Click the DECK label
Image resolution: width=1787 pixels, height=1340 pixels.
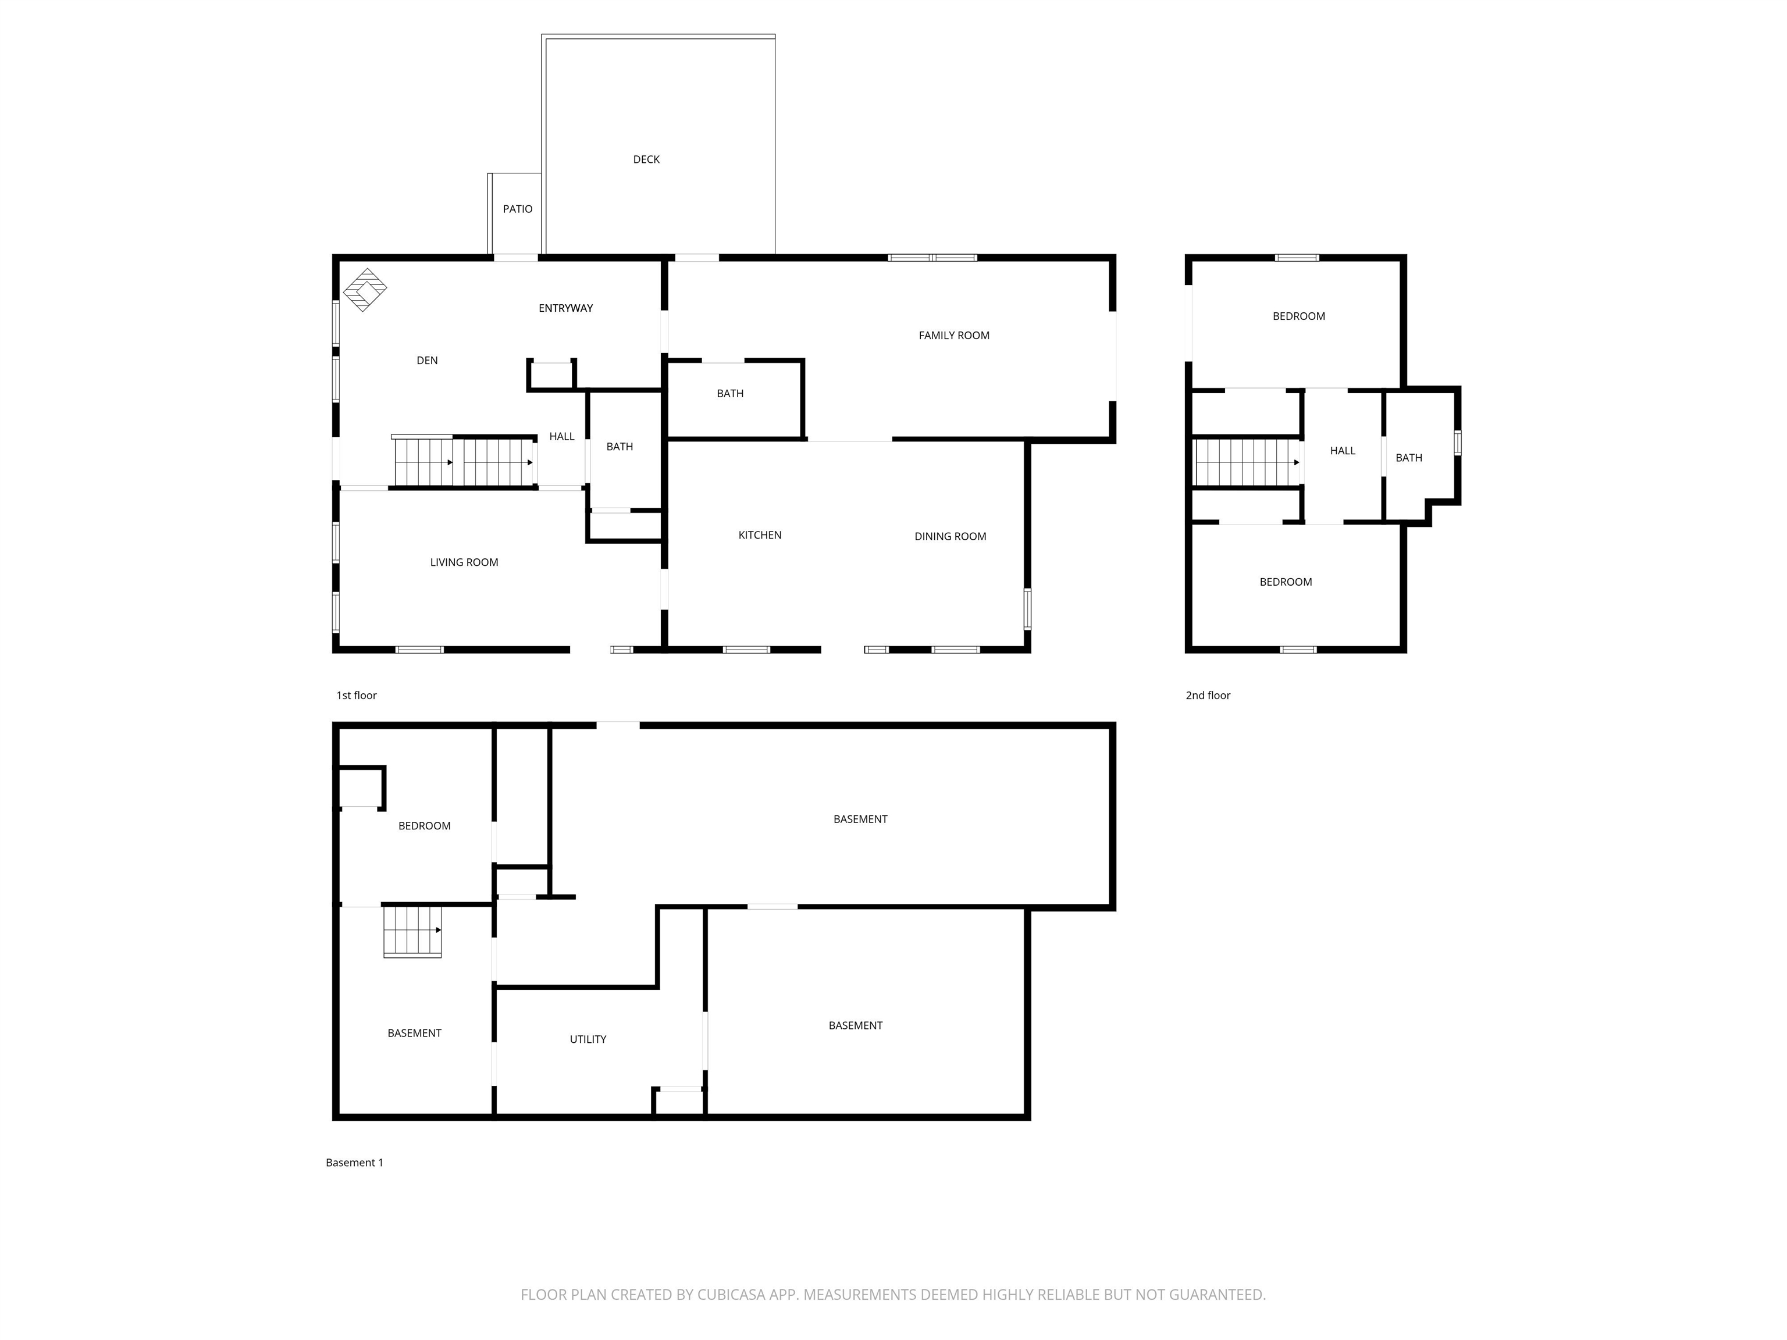pyautogui.click(x=646, y=159)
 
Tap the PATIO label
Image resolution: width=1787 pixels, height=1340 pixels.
pyautogui.click(x=518, y=208)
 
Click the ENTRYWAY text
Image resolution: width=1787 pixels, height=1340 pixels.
pyautogui.click(x=565, y=308)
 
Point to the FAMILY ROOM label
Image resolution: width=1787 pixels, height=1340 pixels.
pyautogui.click(x=953, y=335)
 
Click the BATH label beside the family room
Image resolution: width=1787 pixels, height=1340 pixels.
pyautogui.click(x=729, y=393)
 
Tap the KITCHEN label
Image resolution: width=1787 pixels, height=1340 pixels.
pyautogui.click(x=759, y=534)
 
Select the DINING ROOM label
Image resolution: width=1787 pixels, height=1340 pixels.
pyautogui.click(x=950, y=536)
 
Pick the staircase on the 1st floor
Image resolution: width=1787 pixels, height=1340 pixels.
pyautogui.click(x=464, y=461)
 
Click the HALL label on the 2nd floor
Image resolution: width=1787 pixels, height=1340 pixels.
pyautogui.click(x=1343, y=451)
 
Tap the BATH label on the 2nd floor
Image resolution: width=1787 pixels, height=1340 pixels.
pyautogui.click(x=1408, y=458)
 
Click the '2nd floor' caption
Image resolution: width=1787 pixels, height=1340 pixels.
pyautogui.click(x=1208, y=696)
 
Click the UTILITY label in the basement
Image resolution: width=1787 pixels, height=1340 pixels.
pyautogui.click(x=588, y=1039)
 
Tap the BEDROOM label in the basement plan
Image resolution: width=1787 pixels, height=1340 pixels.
pyautogui.click(x=424, y=825)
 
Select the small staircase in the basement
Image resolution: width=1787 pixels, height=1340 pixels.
pyautogui.click(x=412, y=931)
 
